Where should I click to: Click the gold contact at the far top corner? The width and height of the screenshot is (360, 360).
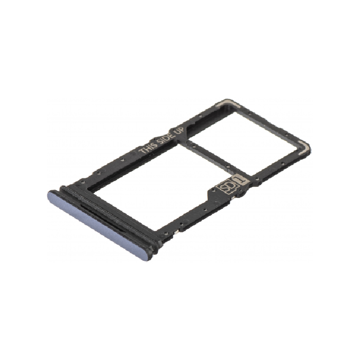click(x=226, y=104)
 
